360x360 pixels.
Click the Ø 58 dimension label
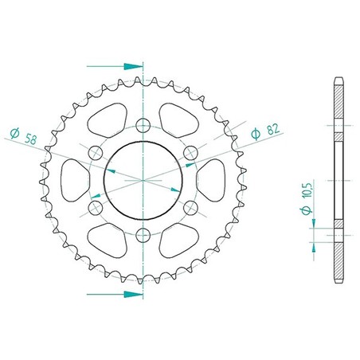[23, 135]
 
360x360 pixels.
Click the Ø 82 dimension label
[265, 131]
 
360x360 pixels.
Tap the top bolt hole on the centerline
[143, 125]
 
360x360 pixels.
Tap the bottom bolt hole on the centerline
[143, 235]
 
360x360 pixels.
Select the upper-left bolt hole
[96, 153]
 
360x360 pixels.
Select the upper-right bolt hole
[190, 153]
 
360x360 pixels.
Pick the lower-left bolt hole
[96, 208]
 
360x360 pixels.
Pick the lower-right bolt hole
[190, 208]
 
